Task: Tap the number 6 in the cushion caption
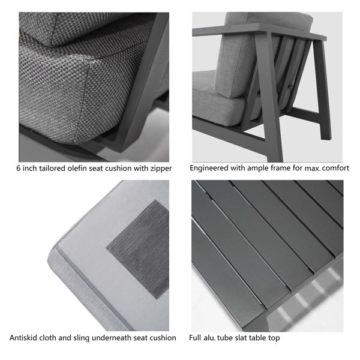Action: [19, 169]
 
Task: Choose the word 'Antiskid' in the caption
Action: [25, 338]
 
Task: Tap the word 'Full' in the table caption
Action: [197, 338]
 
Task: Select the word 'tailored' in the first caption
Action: [52, 169]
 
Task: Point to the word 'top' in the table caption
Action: [274, 338]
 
